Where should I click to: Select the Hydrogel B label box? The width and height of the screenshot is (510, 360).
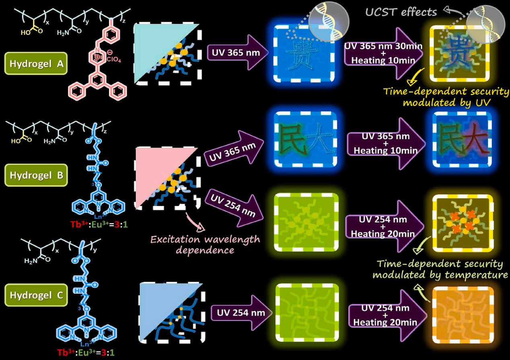(35, 176)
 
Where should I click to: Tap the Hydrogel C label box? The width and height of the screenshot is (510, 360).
(35, 295)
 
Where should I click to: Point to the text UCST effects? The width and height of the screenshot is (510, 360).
(401, 12)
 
